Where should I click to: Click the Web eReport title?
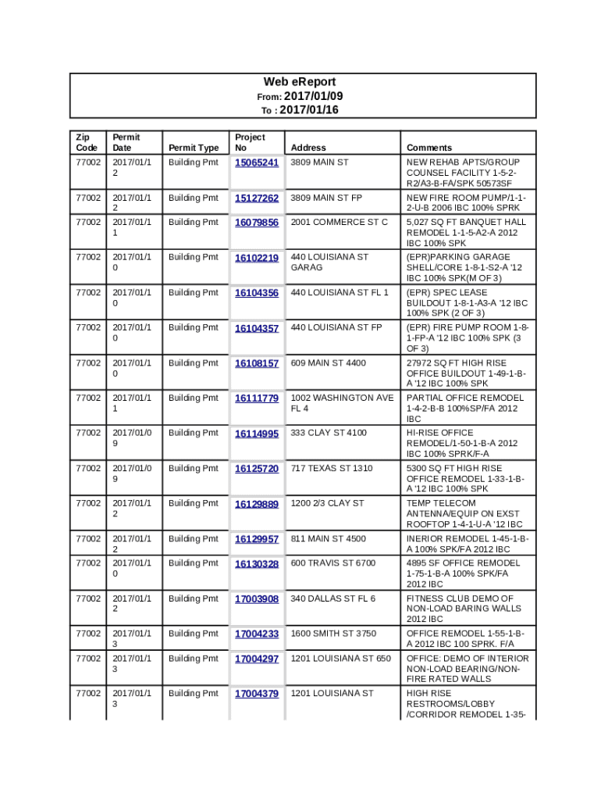299,82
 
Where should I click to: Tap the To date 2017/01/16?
309,110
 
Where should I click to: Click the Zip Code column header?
87,142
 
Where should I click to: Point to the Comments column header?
429,148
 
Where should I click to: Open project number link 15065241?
257,163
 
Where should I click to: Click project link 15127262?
257,198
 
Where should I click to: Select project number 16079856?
257,223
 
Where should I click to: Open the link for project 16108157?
257,363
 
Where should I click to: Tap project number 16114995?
257,434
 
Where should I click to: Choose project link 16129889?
257,504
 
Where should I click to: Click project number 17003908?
257,599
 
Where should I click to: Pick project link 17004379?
257,694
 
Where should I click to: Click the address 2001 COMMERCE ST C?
339,223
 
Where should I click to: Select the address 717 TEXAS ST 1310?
332,469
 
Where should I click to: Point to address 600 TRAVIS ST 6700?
333,563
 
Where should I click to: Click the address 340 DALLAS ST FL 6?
333,599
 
